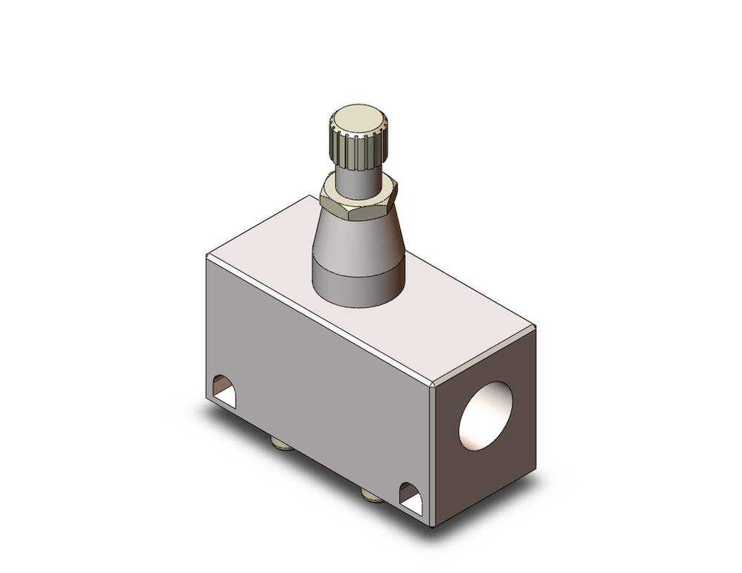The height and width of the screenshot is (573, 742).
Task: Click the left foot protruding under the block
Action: (282, 445)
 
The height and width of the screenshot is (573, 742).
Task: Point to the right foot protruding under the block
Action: (371, 494)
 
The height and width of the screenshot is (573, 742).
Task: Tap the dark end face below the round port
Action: (490, 475)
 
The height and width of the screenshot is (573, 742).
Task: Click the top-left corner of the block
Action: (207, 255)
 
